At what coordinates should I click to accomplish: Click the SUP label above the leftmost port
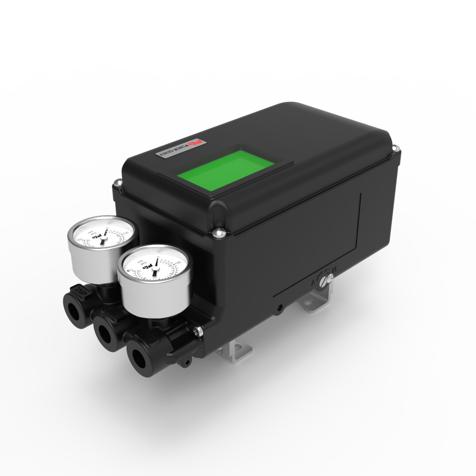(x=82, y=289)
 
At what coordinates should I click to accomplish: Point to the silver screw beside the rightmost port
(x=197, y=331)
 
